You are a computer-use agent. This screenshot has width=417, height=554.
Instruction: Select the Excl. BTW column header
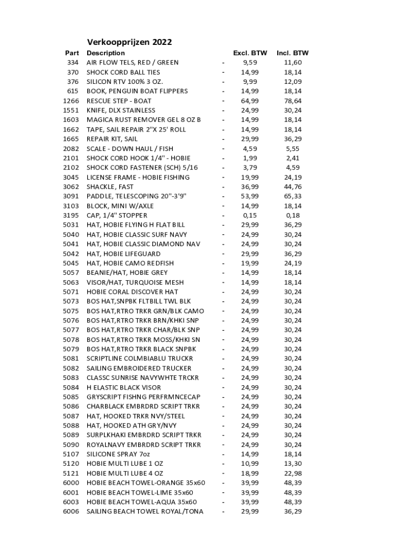click(x=250, y=53)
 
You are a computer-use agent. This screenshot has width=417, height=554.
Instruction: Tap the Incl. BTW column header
click(x=292, y=53)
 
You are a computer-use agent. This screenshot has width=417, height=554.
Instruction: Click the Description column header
click(x=106, y=53)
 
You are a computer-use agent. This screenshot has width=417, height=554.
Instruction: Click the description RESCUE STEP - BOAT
click(x=119, y=101)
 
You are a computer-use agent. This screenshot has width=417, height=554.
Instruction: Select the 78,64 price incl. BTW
click(x=292, y=101)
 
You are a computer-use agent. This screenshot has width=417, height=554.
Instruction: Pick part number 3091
click(x=71, y=196)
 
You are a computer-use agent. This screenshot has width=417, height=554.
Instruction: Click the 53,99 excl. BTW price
click(x=250, y=196)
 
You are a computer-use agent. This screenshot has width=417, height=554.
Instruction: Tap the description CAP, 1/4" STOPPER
click(x=117, y=215)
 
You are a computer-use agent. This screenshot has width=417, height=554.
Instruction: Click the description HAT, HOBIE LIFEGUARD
click(x=123, y=254)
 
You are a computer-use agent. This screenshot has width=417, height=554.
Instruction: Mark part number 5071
click(x=71, y=292)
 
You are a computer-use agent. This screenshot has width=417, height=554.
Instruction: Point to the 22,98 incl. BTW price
click(x=292, y=473)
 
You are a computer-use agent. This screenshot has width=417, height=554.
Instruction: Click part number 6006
click(x=71, y=511)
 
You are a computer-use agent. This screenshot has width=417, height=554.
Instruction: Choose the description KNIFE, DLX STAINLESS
click(x=121, y=110)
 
